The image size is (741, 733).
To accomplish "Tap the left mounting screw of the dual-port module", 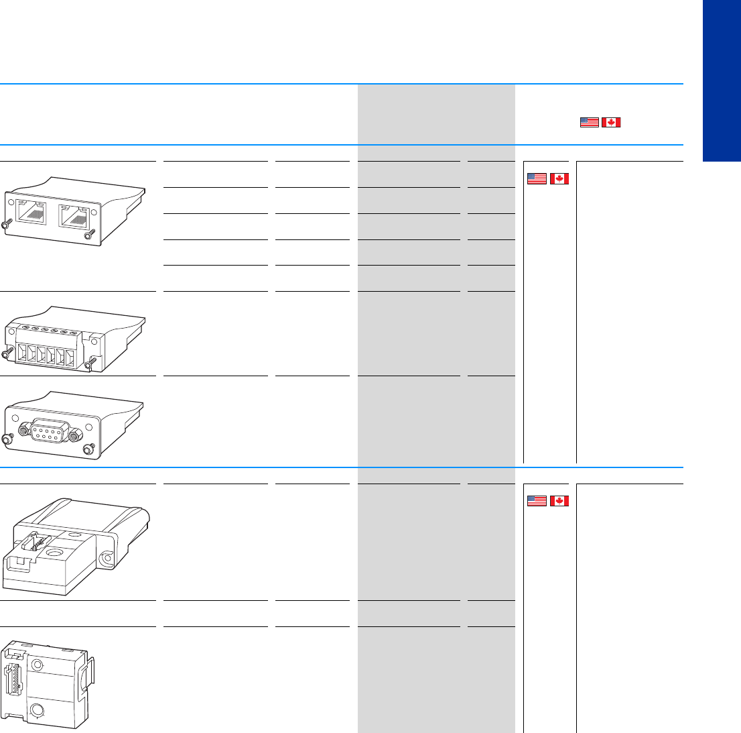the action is point(6,226).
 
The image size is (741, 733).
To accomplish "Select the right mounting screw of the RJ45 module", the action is point(87,234).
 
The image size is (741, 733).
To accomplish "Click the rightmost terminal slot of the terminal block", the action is point(70,355).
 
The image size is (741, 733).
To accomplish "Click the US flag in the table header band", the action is point(589,122).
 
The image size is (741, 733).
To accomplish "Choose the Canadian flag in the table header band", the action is point(611,122).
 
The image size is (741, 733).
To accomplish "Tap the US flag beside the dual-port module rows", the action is point(536,178).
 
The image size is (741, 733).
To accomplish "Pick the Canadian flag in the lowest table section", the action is point(558,500).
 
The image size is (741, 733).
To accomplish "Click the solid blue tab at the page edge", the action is point(722,80).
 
